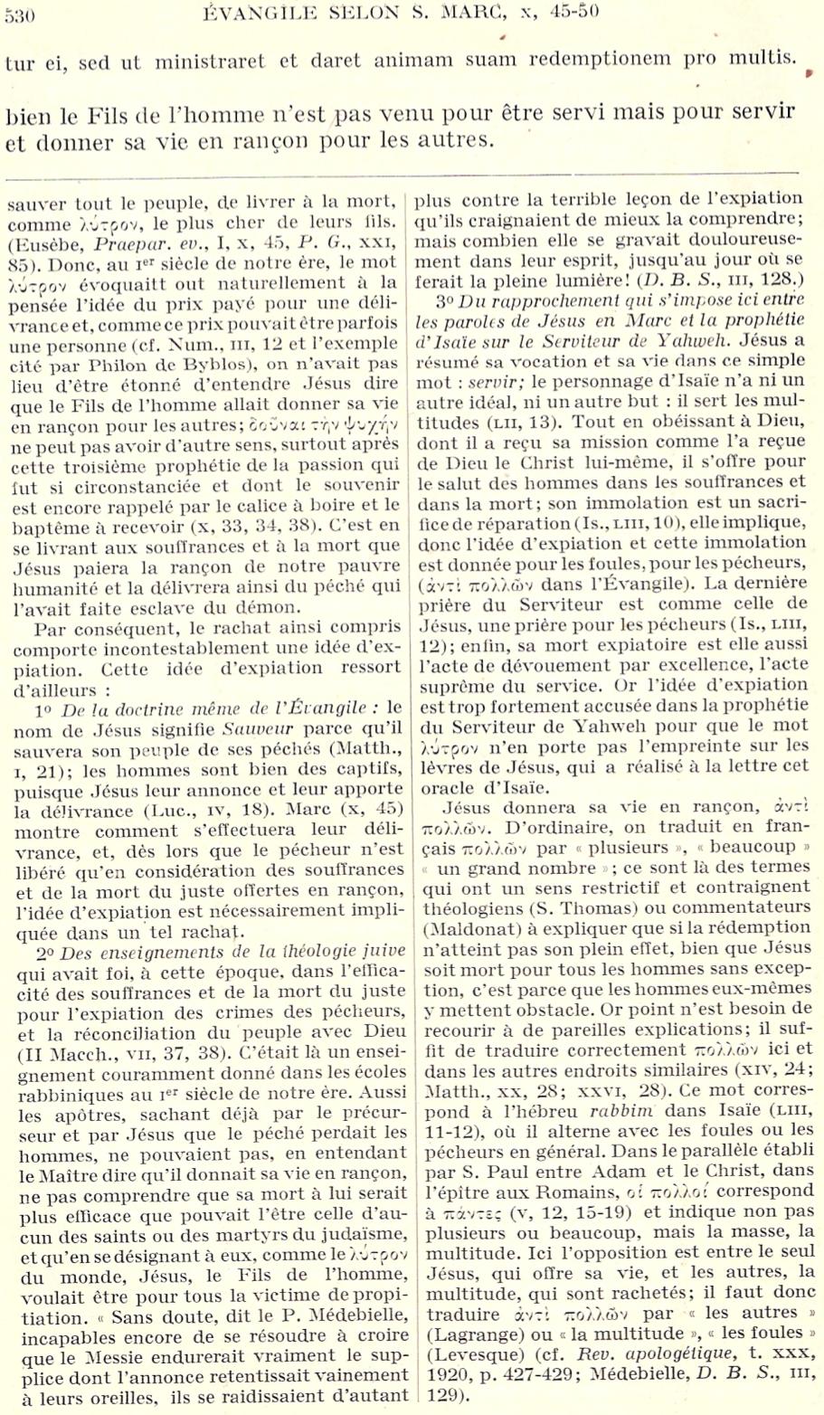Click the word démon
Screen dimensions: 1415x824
pyautogui.click(x=271, y=607)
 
